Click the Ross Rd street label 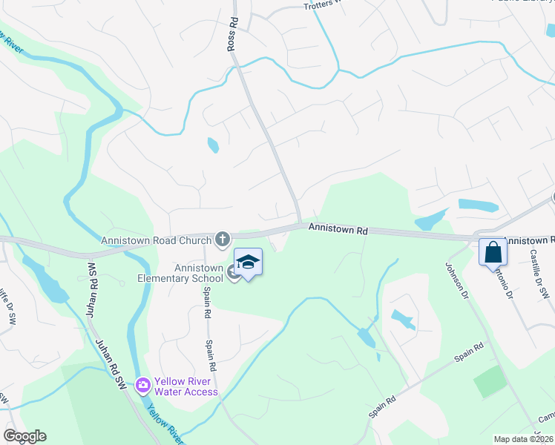[231, 34]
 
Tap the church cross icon [221, 239]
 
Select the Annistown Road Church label [156, 240]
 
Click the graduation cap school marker [249, 262]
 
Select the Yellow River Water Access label [185, 386]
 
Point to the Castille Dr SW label [539, 274]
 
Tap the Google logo [24, 436]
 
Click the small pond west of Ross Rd [213, 145]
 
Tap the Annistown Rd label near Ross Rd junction [338, 231]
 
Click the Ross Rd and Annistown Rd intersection [299, 224]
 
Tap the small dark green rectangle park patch [489, 381]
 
